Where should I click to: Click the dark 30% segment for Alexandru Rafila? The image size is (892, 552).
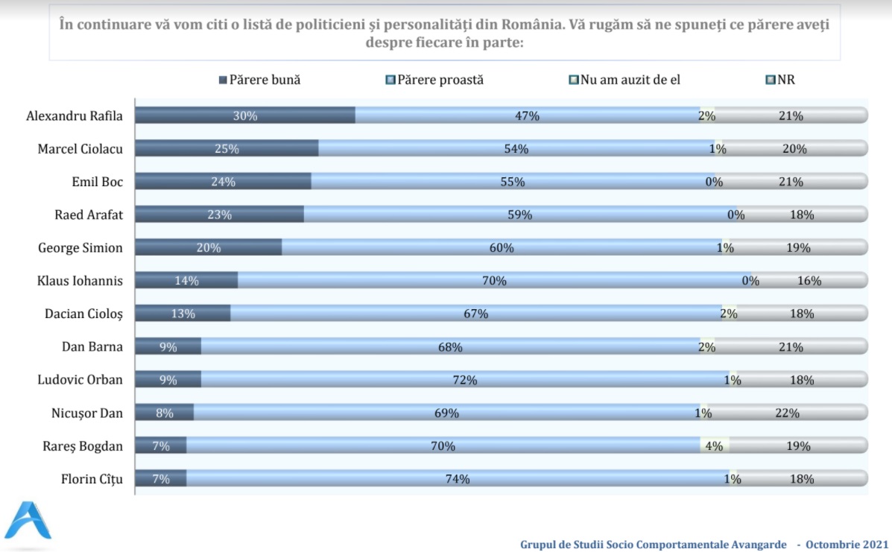pos(244,115)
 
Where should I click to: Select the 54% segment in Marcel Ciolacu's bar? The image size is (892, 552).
pos(516,148)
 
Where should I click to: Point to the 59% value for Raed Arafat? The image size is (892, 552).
pos(519,215)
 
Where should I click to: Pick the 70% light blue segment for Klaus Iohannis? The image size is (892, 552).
pos(494,281)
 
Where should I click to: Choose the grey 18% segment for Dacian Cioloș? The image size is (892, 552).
pos(802,314)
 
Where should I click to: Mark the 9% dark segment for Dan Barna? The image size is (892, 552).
pos(168,346)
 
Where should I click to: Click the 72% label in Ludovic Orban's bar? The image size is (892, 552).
pos(465,380)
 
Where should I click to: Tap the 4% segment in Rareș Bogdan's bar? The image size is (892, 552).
pos(714,445)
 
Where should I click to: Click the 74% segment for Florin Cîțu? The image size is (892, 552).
pos(458,479)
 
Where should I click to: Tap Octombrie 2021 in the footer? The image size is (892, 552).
pos(847,545)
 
